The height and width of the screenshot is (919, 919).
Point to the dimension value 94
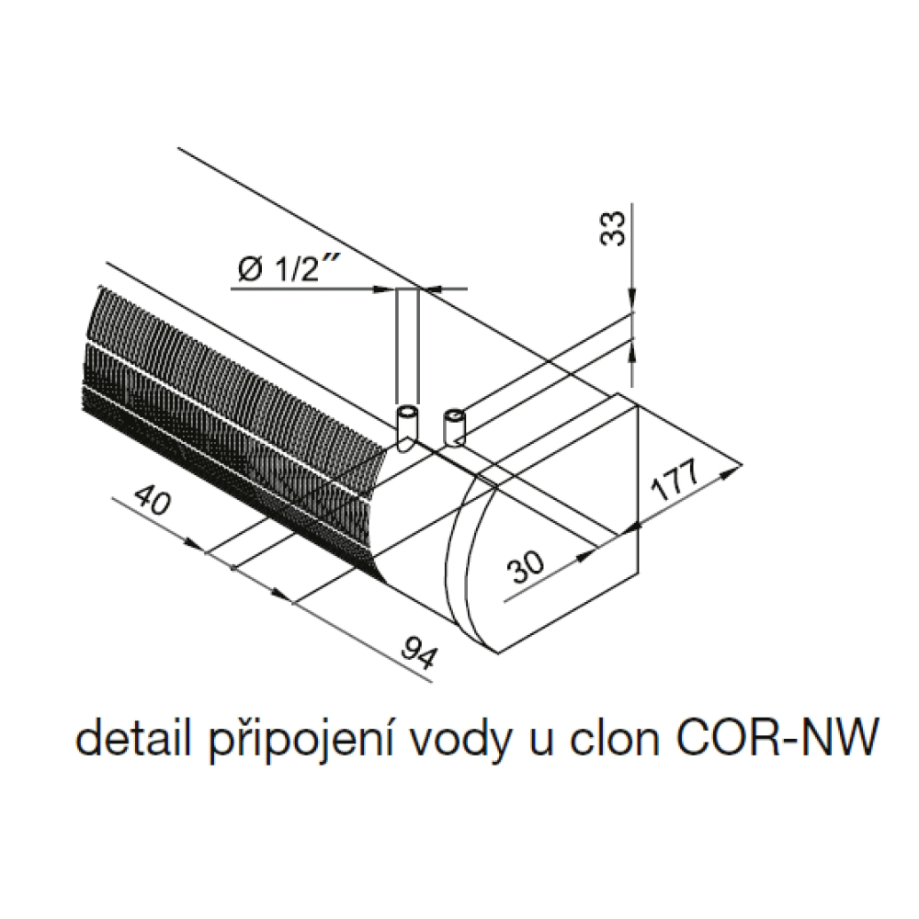417,649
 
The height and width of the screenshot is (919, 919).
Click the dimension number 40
150,503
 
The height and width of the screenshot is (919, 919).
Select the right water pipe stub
454,425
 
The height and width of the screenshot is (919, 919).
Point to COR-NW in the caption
769,741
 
